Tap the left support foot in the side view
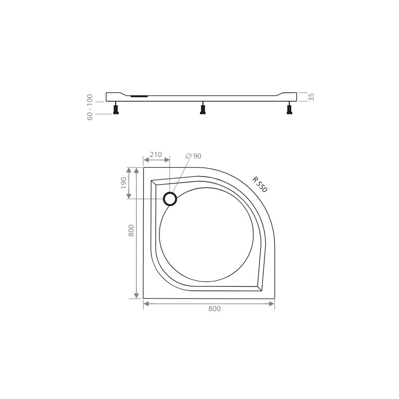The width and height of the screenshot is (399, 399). (x=116, y=109)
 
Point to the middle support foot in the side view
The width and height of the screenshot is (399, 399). (x=202, y=109)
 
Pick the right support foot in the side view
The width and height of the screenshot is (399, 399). (x=289, y=109)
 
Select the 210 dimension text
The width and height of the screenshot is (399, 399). (x=156, y=155)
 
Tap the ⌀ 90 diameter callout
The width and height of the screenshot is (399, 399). (x=193, y=156)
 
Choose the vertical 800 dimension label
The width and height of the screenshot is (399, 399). (x=131, y=230)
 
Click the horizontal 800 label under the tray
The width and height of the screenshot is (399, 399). (x=213, y=309)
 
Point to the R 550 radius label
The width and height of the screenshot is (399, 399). (x=260, y=185)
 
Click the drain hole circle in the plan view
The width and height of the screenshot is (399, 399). (x=170, y=199)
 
